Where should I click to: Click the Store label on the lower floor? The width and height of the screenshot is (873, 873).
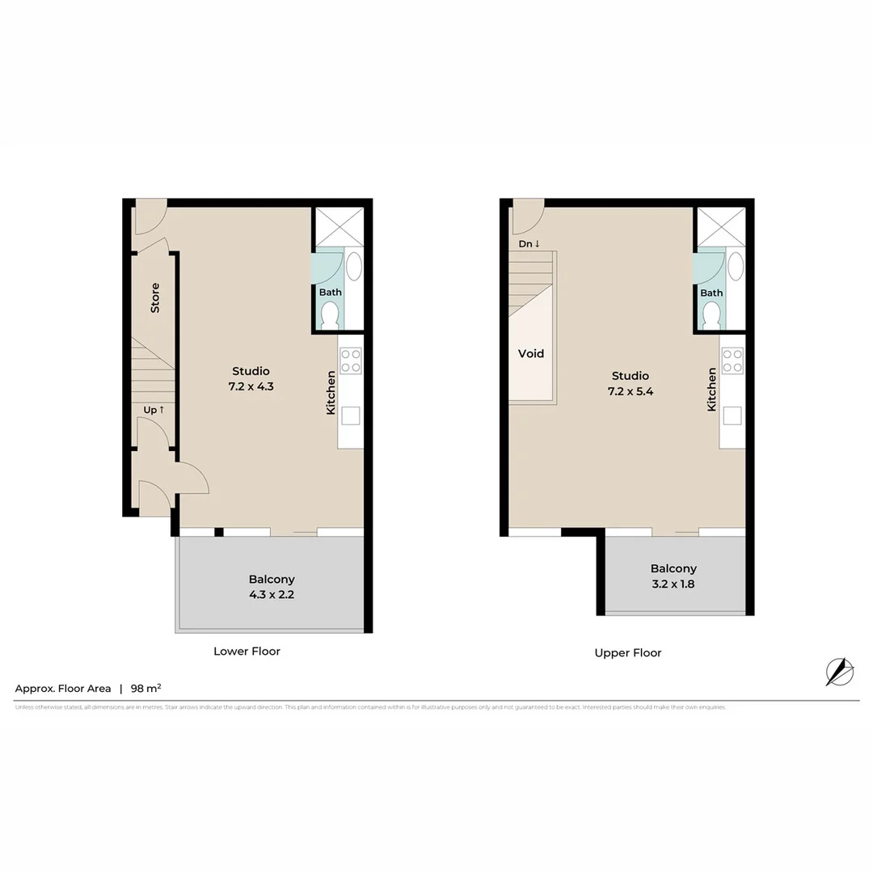coord(155,297)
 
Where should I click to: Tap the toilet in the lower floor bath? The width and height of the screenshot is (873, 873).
coord(329,314)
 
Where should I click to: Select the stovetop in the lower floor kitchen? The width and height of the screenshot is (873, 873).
coord(351,361)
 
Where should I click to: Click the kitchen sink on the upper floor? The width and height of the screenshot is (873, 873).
coord(732,415)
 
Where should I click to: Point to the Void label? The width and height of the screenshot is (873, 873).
coord(531,353)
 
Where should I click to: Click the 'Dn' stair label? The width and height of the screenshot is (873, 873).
coord(529,243)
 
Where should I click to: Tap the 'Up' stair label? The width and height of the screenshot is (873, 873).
coord(154,410)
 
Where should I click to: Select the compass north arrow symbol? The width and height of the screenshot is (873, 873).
coord(839,672)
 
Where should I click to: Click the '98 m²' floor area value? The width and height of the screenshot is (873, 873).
coord(145,689)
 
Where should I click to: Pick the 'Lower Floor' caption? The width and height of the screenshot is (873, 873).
coord(247,651)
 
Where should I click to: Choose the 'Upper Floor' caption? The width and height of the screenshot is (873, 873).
coord(628,652)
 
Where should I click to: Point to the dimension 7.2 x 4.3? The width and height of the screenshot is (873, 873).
coord(251,386)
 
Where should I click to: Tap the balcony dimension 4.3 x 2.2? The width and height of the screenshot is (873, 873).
coord(272,594)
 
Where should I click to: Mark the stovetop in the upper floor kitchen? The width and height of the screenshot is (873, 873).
coord(732,361)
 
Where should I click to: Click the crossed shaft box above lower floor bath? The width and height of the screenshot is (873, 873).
coord(339,226)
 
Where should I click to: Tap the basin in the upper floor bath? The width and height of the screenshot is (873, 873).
coord(736,266)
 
